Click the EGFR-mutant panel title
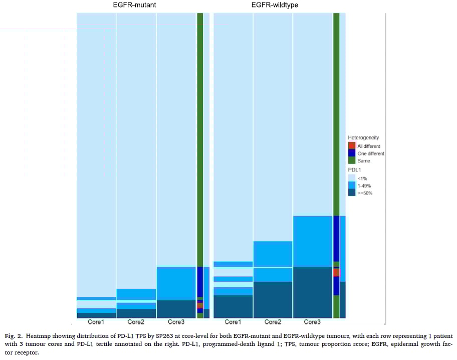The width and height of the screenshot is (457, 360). click(x=136, y=6)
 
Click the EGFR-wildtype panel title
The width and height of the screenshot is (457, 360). click(x=275, y=6)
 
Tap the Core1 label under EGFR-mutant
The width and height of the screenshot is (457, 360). click(x=96, y=322)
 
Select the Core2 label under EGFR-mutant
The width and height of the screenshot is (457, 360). click(x=136, y=322)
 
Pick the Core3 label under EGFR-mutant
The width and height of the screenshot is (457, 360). click(x=176, y=322)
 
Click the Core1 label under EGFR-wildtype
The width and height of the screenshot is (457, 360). click(x=233, y=322)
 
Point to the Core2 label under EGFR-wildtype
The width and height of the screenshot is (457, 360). click(x=273, y=322)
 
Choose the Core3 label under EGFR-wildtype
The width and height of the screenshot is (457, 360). click(x=312, y=322)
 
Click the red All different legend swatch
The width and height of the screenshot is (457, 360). click(x=352, y=146)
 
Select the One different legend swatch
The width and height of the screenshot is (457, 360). click(x=352, y=153)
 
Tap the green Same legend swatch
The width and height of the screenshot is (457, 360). click(x=352, y=160)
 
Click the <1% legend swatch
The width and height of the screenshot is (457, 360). click(x=352, y=178)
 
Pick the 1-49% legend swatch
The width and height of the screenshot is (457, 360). click(x=352, y=186)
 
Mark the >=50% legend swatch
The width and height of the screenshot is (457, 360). click(x=352, y=193)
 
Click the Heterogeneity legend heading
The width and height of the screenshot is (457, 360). click(x=363, y=137)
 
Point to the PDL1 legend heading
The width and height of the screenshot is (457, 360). click(x=355, y=170)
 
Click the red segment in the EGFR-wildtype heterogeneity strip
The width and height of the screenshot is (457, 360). click(x=336, y=272)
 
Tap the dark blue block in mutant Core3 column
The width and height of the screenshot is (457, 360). click(x=176, y=308)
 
